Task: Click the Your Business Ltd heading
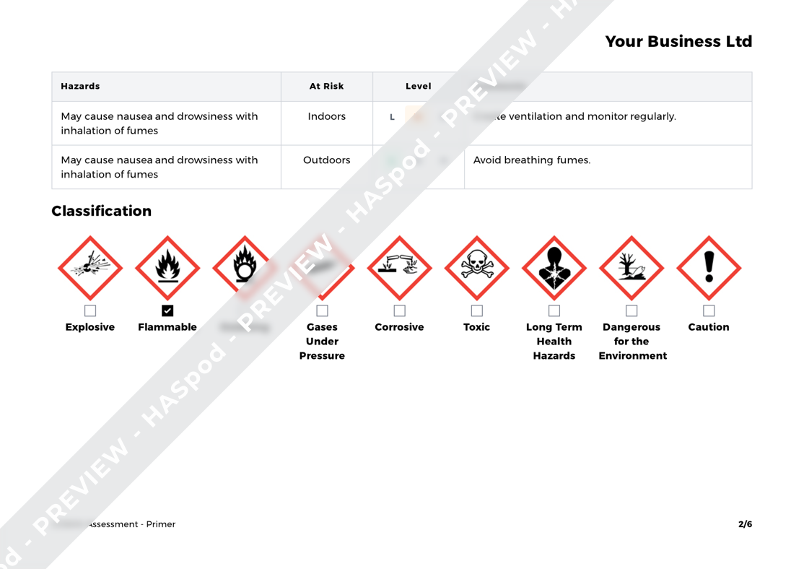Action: point(678,42)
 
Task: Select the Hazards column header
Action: point(80,86)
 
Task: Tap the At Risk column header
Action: point(326,86)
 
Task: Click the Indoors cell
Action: point(326,116)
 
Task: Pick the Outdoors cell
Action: point(326,160)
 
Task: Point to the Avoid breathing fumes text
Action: point(531,160)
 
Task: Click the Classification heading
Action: point(102,211)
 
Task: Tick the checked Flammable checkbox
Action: point(167,310)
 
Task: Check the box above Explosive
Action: point(90,310)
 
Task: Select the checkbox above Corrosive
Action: point(399,310)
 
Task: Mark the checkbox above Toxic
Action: point(476,310)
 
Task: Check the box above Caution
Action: point(709,310)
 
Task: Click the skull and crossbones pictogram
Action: point(476,268)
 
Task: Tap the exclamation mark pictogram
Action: point(709,268)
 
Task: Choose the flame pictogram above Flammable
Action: point(167,268)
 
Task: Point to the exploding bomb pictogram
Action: point(90,268)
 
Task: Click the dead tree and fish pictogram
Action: point(632,268)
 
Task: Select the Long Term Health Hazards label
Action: point(554,341)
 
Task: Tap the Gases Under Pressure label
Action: point(322,341)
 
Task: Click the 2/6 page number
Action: point(745,524)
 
